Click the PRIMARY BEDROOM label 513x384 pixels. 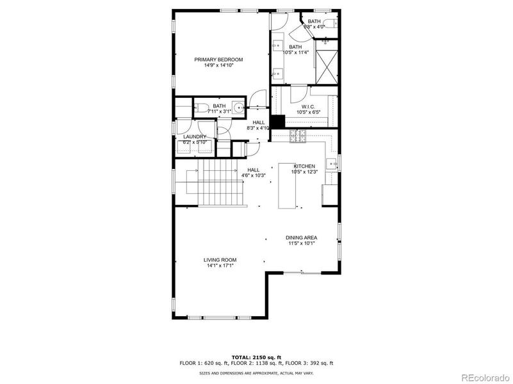[219, 60]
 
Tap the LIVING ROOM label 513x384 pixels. [220, 260]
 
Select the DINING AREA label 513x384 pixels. [301, 238]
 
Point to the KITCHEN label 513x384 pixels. [304, 166]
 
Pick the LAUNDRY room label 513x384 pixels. [194, 137]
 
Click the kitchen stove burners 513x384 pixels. [297, 135]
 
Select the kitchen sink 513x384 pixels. [332, 164]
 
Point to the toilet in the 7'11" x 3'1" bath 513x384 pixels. [200, 108]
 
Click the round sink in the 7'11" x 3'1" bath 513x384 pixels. [238, 108]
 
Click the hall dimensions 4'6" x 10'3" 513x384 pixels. [253, 175]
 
